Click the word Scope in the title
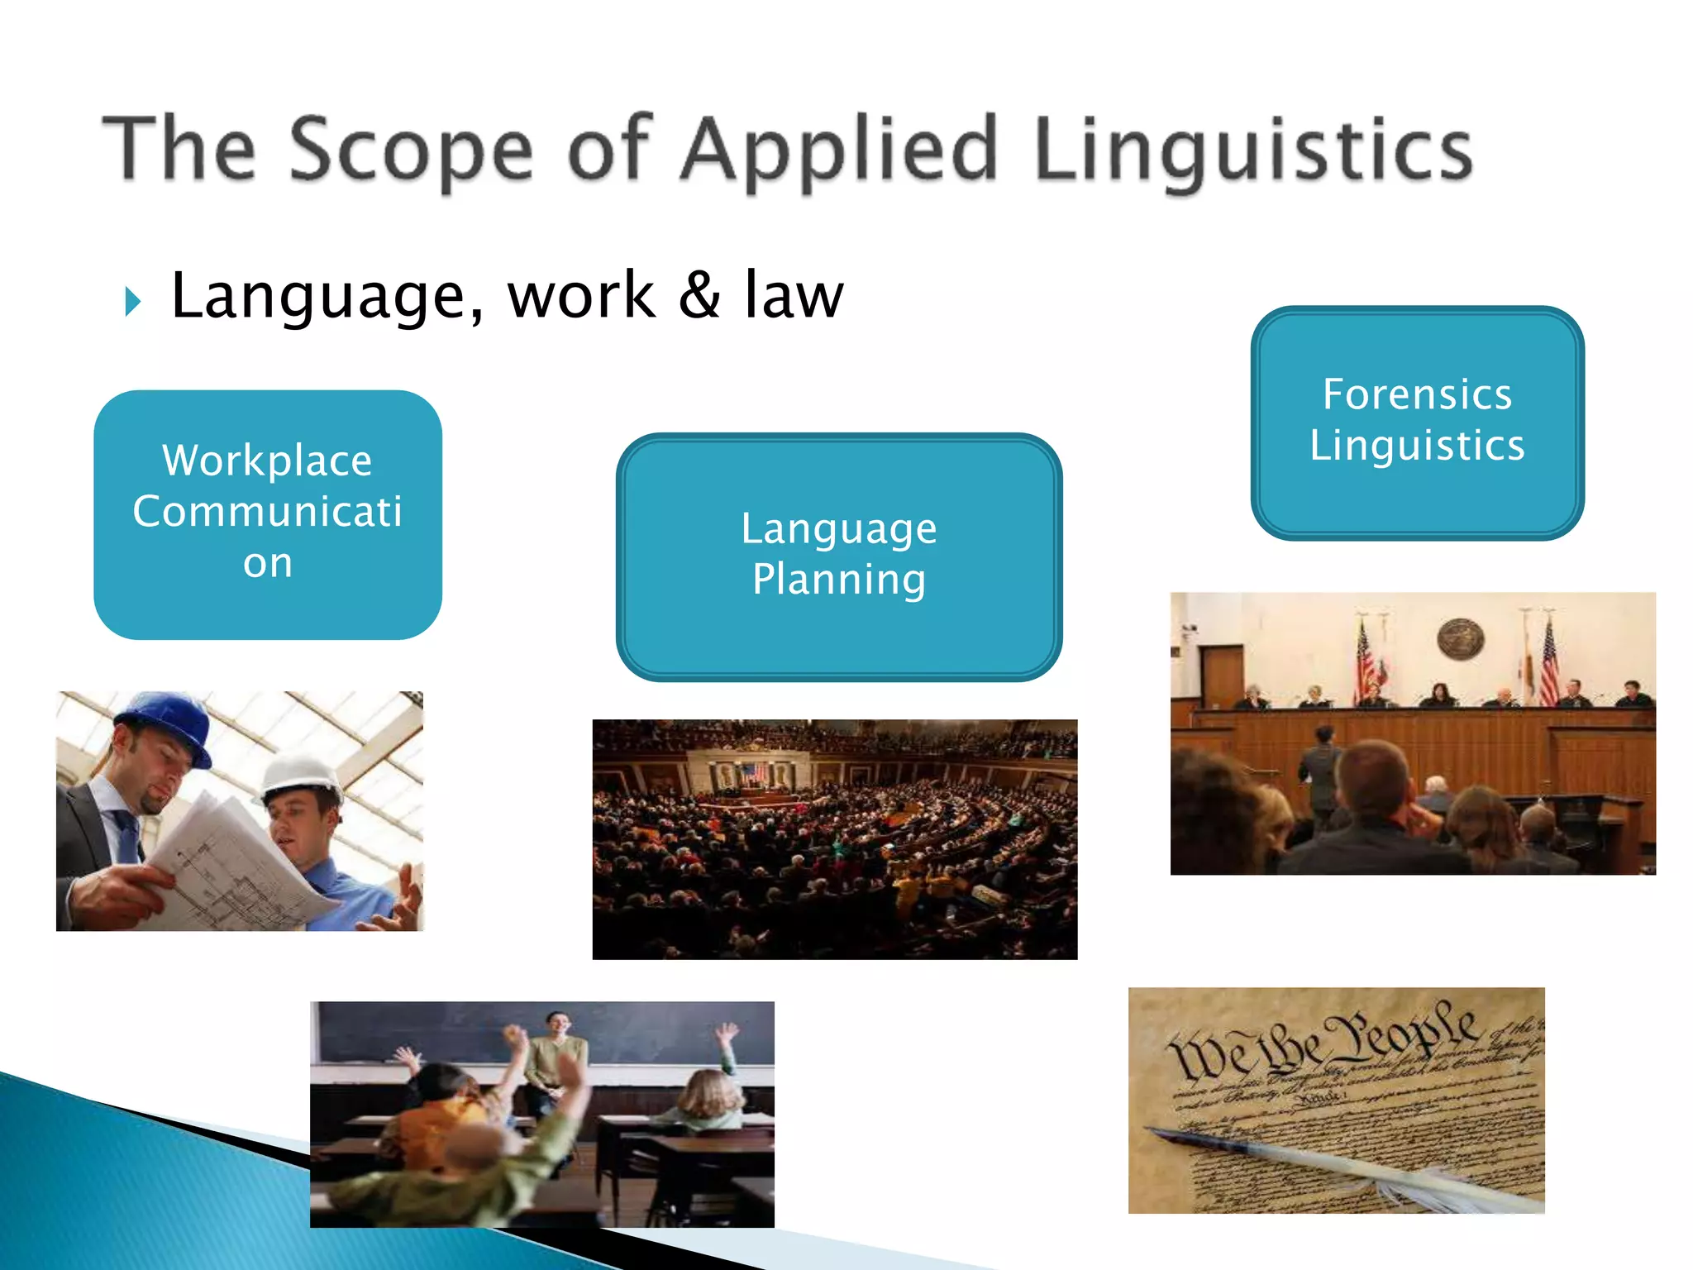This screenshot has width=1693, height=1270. pyautogui.click(x=411, y=149)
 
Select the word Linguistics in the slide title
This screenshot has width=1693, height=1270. pyautogui.click(x=1253, y=149)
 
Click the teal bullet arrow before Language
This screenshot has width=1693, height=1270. pyautogui.click(x=133, y=302)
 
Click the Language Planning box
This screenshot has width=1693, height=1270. pyautogui.click(x=838, y=556)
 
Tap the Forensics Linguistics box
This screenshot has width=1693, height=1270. pyautogui.click(x=1417, y=423)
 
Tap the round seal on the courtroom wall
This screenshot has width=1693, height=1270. pyautogui.click(x=1460, y=639)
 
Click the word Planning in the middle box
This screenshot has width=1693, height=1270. pyautogui.click(x=838, y=579)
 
